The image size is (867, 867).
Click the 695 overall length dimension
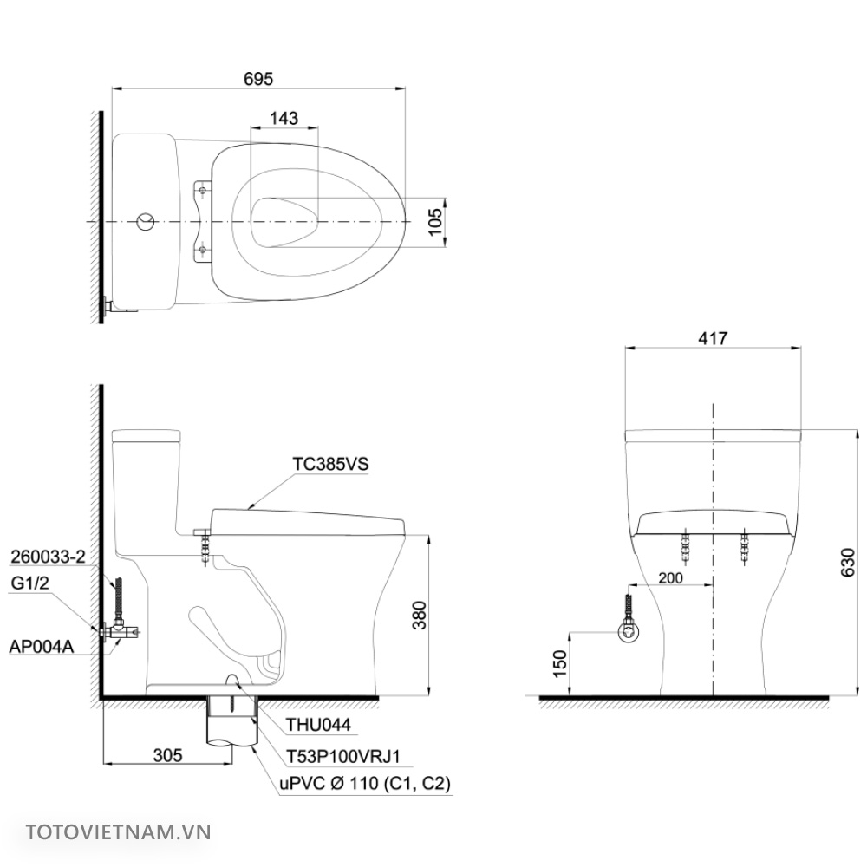258,78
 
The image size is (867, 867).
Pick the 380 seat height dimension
417,615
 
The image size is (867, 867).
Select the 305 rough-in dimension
167,755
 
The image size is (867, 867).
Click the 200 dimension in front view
671,578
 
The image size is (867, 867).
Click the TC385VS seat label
330,464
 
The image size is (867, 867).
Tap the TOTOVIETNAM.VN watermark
119,832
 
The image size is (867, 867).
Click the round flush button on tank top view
147,223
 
